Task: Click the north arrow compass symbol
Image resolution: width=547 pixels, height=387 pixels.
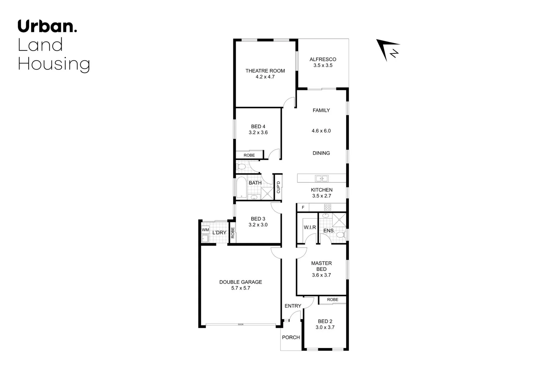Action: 388,50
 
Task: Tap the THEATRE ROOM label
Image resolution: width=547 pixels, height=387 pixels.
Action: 265,71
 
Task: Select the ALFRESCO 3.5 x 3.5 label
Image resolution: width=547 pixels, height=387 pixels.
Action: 323,62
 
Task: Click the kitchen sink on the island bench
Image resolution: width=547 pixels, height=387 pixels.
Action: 321,178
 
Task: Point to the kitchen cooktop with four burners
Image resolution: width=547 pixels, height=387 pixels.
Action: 327,207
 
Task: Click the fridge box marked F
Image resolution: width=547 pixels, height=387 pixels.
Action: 303,207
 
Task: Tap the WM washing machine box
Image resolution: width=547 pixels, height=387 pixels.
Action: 205,230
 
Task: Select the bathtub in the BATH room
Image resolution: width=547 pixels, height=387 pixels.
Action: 241,187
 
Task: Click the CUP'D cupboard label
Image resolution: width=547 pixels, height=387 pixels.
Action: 278,187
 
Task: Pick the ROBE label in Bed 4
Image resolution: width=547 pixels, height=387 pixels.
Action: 249,155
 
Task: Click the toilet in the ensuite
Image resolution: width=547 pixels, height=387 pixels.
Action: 340,235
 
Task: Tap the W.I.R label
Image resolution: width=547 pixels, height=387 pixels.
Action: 310,228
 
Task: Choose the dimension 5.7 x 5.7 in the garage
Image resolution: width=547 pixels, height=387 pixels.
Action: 241,288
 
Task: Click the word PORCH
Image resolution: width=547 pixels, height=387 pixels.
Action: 291,337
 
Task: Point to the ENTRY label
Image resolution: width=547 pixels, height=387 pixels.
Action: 293,306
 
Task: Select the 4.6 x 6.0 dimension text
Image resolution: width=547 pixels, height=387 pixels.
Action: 321,131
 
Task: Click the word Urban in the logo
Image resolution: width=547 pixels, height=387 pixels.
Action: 45,27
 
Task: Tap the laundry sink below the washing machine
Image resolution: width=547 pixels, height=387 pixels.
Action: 205,239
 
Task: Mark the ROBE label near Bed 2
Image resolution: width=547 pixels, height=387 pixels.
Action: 332,300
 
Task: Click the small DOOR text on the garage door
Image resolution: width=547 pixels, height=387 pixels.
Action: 240,325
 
